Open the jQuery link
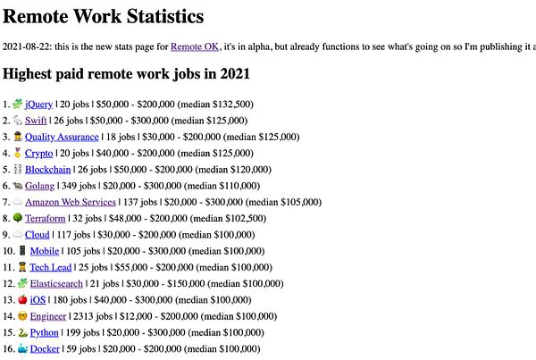tap(39, 105)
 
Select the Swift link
tap(36, 121)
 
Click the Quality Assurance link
tap(60, 137)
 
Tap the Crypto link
tap(38, 153)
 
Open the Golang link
tap(41, 185)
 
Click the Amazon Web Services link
tap(71, 202)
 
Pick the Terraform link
tap(46, 218)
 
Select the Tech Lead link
tap(50, 266)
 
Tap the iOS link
tap(38, 299)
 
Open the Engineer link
tap(48, 315)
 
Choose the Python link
tap(45, 331)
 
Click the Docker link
tap(45, 348)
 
